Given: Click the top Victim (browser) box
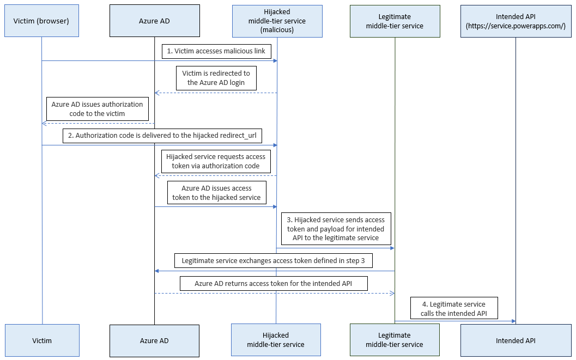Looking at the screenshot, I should pyautogui.click(x=41, y=21).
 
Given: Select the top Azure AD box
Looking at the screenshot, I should pyautogui.click(x=154, y=21).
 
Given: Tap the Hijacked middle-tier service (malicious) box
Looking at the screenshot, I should pyautogui.click(x=277, y=21).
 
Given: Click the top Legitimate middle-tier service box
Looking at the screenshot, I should pyautogui.click(x=395, y=21).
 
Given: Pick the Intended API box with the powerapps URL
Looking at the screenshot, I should pyautogui.click(x=516, y=21).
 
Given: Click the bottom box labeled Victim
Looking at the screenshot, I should pyautogui.click(x=42, y=340).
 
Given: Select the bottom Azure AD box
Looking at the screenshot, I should pyautogui.click(x=154, y=340).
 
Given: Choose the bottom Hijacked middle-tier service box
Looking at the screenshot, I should pyautogui.click(x=276, y=340).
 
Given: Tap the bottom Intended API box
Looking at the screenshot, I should pyautogui.click(x=516, y=340).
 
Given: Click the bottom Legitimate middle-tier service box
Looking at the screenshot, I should pyautogui.click(x=395, y=340).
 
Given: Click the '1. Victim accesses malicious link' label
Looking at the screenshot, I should pyautogui.click(x=216, y=51).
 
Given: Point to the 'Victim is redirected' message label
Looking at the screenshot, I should pyautogui.click(x=216, y=78).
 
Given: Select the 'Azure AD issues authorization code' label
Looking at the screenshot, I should pyautogui.click(x=98, y=109).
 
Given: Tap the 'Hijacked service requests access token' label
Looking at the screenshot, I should pyautogui.click(x=216, y=161).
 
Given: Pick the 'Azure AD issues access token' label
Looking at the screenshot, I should pyautogui.click(x=216, y=193).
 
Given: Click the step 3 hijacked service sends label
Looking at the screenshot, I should pyautogui.click(x=336, y=229).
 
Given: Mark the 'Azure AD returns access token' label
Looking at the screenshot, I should pyautogui.click(x=274, y=284).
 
